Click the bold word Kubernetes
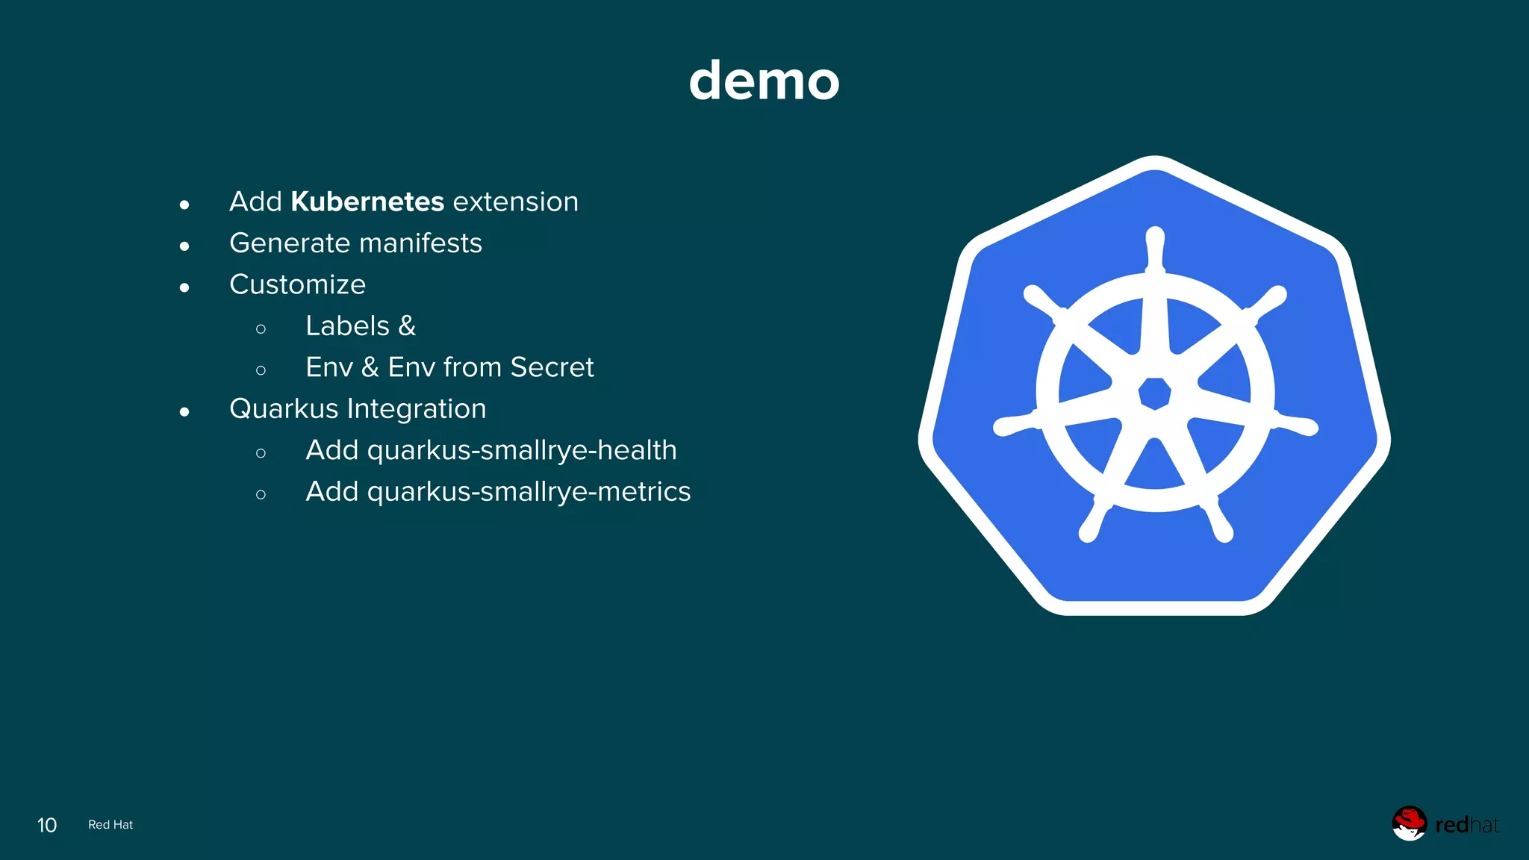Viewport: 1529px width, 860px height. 367,202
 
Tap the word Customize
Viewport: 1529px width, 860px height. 297,284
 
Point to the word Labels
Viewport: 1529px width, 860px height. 347,326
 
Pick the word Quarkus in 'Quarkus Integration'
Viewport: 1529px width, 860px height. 284,409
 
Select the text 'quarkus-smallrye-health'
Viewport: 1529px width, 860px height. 522,450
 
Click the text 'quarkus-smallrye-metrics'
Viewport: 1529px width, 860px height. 529,492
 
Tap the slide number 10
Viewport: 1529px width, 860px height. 47,825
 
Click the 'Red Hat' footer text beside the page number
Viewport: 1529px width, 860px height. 110,825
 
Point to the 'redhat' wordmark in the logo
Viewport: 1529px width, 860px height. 1466,825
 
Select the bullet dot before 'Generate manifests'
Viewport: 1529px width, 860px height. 184,246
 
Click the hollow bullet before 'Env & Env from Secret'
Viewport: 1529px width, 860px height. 261,370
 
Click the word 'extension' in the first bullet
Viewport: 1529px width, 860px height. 515,202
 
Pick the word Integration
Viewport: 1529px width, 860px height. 417,409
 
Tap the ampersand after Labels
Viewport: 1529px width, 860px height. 407,326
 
